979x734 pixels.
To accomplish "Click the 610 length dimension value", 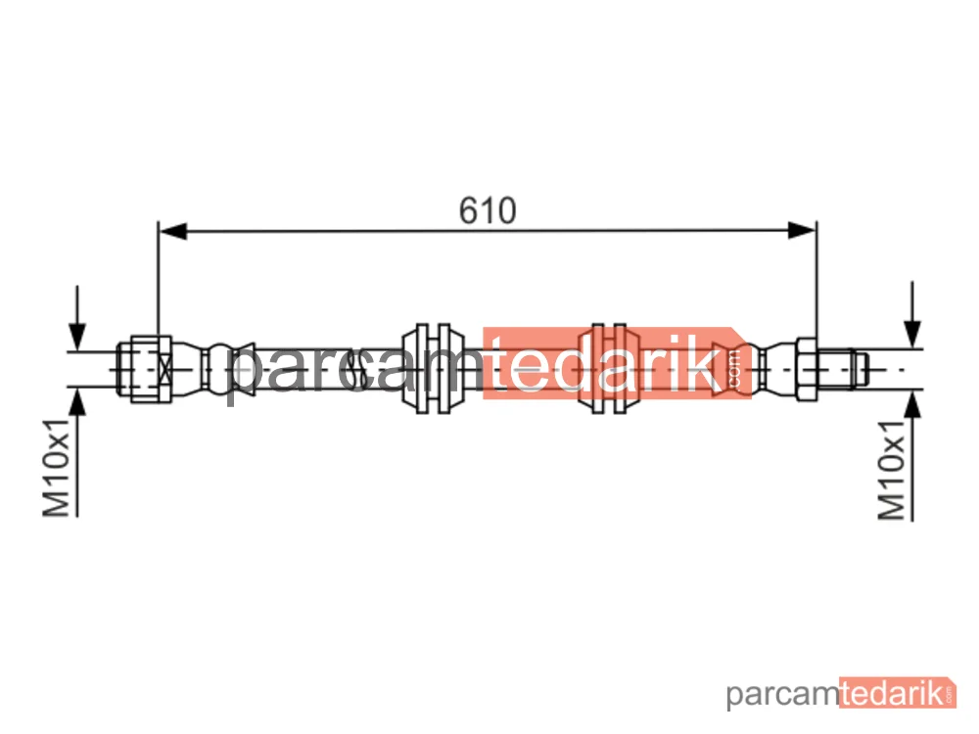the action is click(488, 210).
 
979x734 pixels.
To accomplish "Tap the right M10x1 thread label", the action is click(891, 471).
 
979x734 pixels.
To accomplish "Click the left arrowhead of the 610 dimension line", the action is click(173, 231).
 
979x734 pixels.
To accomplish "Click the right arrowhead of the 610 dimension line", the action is click(802, 231).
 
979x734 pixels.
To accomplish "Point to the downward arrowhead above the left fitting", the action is click(77, 337).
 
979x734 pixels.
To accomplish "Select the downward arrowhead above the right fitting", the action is click(912, 334).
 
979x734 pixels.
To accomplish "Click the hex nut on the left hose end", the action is click(151, 369).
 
